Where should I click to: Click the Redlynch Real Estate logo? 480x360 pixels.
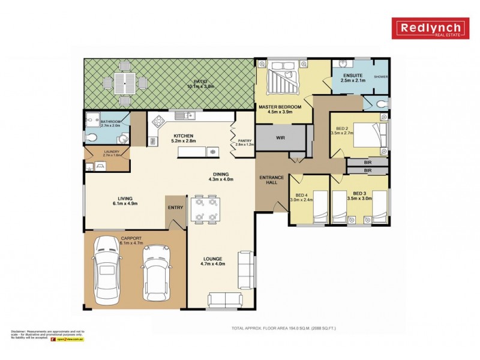pos(430,28)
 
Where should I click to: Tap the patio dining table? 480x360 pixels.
pos(125,83)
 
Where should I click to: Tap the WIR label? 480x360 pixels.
pos(280,137)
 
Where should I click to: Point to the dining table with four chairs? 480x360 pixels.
pos(205,210)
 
